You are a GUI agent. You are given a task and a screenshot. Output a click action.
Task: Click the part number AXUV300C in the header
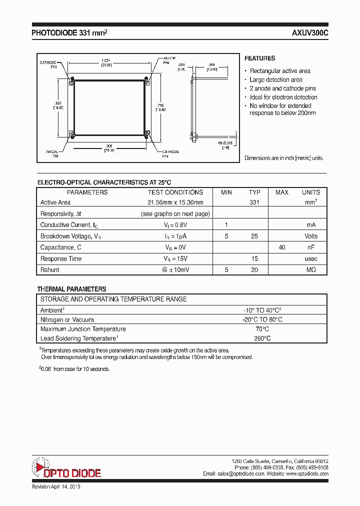pyautogui.click(x=310, y=33)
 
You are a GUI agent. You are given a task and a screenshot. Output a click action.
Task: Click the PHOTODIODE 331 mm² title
pyautogui.click(x=69, y=33)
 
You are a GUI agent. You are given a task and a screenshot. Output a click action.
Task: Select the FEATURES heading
pyautogui.click(x=259, y=58)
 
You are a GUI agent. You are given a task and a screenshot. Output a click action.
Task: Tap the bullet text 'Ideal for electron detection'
pyautogui.click(x=283, y=97)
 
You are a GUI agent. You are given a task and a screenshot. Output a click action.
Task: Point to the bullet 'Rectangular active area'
pyautogui.click(x=280, y=71)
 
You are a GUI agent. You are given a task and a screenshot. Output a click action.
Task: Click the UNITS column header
pyautogui.click(x=311, y=192)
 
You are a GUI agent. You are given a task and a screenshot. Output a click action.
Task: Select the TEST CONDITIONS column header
pyautogui.click(x=175, y=192)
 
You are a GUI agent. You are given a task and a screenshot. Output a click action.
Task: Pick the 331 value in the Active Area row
pyautogui.click(x=254, y=202)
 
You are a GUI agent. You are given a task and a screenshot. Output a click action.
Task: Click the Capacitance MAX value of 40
pyautogui.click(x=282, y=247)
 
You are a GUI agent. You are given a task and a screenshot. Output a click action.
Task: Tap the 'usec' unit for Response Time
pyautogui.click(x=311, y=259)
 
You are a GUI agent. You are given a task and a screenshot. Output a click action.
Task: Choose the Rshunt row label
pyautogui.click(x=49, y=270)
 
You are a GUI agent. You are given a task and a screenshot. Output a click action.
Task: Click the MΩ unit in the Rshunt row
pyautogui.click(x=311, y=270)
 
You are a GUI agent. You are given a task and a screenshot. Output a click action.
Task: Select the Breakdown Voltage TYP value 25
pyautogui.click(x=254, y=236)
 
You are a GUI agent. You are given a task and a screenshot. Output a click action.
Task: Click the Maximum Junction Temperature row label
pyautogui.click(x=83, y=329)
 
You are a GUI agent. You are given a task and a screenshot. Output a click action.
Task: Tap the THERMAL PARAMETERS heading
pyautogui.click(x=71, y=289)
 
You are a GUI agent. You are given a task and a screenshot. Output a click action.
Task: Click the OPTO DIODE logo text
pyautogui.click(x=72, y=473)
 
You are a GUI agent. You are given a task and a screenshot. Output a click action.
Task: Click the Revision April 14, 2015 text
pyautogui.click(x=56, y=486)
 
